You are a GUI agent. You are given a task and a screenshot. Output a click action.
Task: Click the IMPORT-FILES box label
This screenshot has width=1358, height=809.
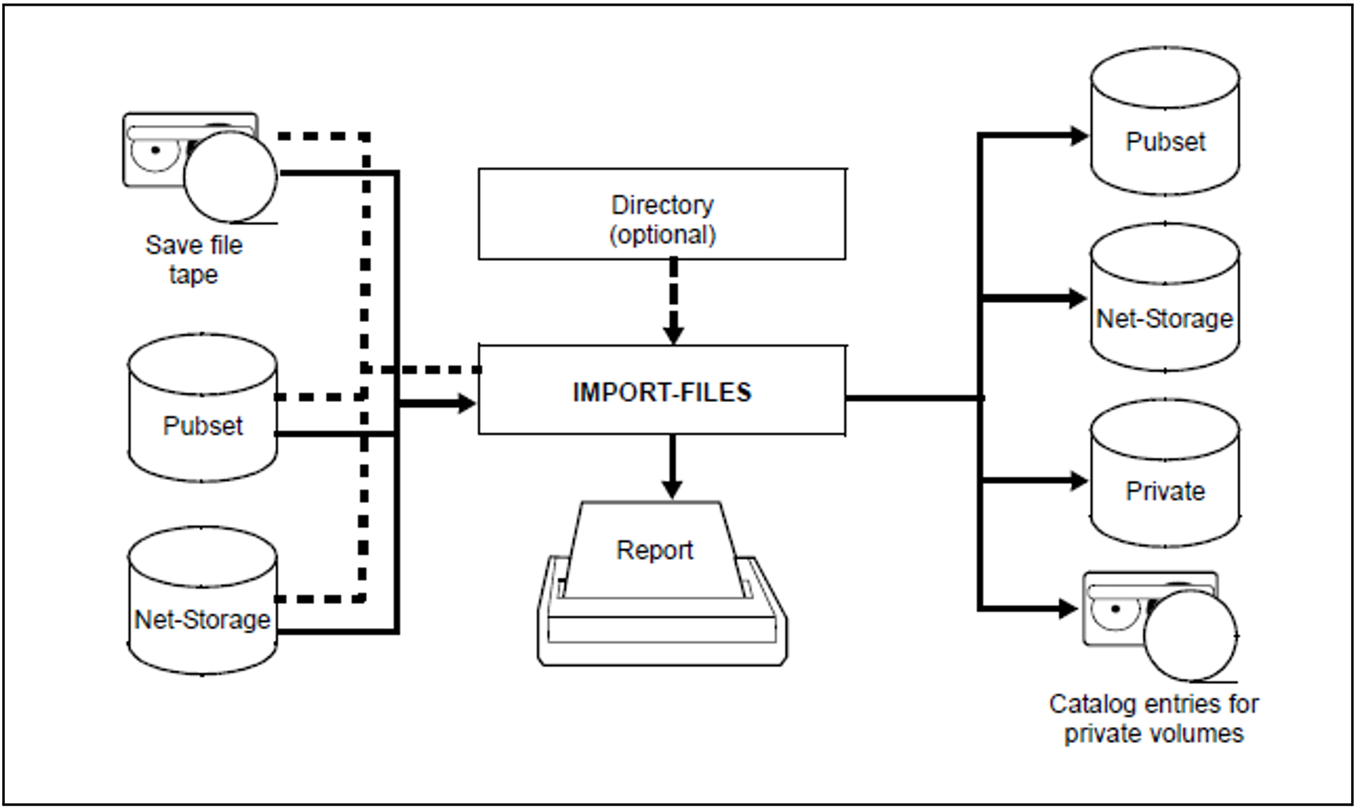click(x=661, y=392)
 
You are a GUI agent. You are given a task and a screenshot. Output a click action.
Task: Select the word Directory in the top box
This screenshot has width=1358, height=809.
click(x=661, y=205)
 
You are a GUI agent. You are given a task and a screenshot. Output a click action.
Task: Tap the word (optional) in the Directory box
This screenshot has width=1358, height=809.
click(x=661, y=234)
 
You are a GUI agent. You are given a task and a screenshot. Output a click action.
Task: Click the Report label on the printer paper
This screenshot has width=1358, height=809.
click(x=654, y=549)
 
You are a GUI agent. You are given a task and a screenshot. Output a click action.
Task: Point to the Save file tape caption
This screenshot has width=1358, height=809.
click(x=194, y=260)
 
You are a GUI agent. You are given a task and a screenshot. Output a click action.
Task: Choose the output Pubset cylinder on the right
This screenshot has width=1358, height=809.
click(x=1164, y=123)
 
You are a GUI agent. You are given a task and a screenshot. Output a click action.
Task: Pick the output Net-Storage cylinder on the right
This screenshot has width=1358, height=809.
click(x=1164, y=299)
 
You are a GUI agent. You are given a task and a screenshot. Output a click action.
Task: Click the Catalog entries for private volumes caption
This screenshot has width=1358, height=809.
click(x=1153, y=718)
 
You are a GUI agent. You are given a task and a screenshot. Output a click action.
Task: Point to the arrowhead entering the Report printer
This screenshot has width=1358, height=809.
click(x=672, y=489)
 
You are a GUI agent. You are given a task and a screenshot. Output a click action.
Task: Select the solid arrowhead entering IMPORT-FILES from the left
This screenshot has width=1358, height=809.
click(x=466, y=403)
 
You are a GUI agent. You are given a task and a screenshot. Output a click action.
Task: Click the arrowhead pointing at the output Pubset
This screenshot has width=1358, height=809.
click(x=1078, y=135)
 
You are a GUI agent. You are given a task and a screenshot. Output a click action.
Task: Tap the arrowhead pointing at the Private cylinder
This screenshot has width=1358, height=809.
click(x=1078, y=481)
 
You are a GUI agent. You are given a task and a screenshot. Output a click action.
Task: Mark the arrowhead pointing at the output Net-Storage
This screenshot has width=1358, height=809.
click(x=1078, y=299)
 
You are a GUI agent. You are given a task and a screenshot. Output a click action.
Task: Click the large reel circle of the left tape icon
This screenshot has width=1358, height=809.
click(x=230, y=177)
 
